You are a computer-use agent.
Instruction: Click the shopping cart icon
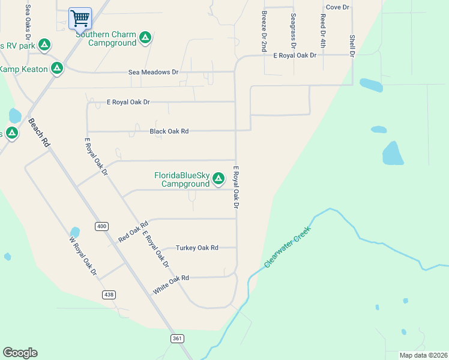(x=80, y=18)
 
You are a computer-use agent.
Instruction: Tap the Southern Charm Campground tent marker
(x=145, y=38)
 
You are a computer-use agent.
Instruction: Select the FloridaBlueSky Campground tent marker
(x=218, y=178)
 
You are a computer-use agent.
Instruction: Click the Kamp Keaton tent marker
(x=57, y=68)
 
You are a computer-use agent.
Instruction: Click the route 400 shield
(x=101, y=226)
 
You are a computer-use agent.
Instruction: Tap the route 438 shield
(x=109, y=295)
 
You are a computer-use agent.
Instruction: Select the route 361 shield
(x=176, y=339)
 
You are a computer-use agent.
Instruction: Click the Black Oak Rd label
(x=169, y=131)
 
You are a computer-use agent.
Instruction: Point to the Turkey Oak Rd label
(x=197, y=247)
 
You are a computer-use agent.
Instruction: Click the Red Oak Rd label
(x=133, y=232)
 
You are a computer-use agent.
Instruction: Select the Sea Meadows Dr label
(x=154, y=72)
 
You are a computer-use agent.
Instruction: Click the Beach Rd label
(x=38, y=133)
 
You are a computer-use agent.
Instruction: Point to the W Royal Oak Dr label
(x=83, y=256)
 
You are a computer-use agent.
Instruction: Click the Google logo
(x=20, y=353)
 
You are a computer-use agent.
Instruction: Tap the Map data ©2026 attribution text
(x=423, y=355)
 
